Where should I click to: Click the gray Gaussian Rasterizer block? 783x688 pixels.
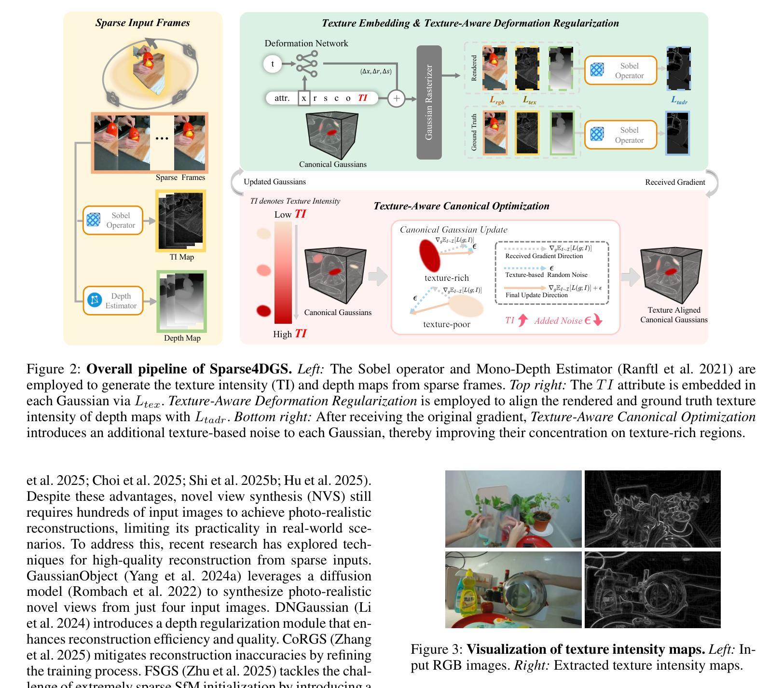[x=429, y=102]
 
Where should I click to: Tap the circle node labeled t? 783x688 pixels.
[x=273, y=64]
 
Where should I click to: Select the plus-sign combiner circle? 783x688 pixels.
[x=396, y=98]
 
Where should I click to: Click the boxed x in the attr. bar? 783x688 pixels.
[x=304, y=98]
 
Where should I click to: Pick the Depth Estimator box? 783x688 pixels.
[x=113, y=301]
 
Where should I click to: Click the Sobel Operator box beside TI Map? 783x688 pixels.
[x=113, y=220]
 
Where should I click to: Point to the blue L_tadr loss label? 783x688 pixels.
[x=679, y=100]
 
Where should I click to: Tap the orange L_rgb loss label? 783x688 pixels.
[x=497, y=100]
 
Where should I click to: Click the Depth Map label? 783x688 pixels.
[x=182, y=338]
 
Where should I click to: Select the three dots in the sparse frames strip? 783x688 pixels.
[x=162, y=138]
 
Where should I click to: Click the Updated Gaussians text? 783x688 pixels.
[x=275, y=182]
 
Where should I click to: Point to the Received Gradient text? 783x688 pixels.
[x=675, y=182]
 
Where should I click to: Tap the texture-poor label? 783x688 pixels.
[x=446, y=324]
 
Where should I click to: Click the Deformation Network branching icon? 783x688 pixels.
[x=307, y=64]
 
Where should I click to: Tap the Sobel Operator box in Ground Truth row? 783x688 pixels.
[x=621, y=135]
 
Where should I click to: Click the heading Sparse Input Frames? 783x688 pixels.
[x=142, y=23]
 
